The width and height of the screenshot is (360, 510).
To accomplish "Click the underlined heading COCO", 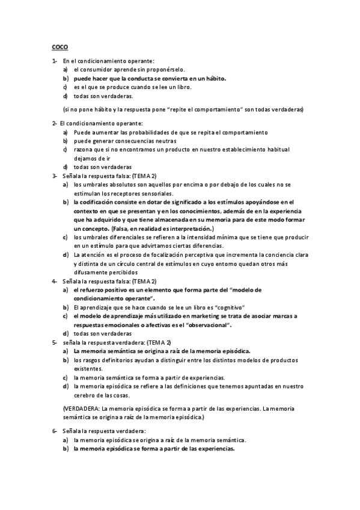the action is click(59, 47).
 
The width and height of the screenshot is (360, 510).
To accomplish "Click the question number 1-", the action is click(54, 61).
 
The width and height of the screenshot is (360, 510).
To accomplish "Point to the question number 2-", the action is click(54, 123).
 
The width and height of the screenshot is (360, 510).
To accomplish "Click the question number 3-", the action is click(54, 175).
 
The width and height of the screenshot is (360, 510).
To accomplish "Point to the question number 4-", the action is click(54, 281).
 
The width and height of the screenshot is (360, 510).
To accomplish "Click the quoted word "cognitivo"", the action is click(231, 307).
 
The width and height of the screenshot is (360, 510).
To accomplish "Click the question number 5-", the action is click(54, 342).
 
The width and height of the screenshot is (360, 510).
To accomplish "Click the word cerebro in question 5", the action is click(85, 395).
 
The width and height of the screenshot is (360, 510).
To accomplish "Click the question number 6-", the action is click(54, 431).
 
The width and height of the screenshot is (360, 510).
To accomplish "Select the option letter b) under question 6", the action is click(66, 449).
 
